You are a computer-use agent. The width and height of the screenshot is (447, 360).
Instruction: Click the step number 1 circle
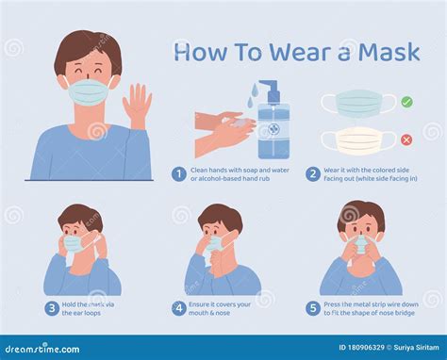click(177, 173)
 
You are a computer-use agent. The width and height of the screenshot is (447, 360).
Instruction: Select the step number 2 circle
click(311, 173)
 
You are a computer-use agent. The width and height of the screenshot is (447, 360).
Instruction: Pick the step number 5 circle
click(311, 307)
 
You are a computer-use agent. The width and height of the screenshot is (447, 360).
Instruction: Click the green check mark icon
click(406, 101)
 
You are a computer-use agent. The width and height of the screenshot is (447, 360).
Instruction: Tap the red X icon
click(406, 140)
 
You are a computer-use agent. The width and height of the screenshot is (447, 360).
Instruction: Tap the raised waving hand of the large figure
click(139, 105)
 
